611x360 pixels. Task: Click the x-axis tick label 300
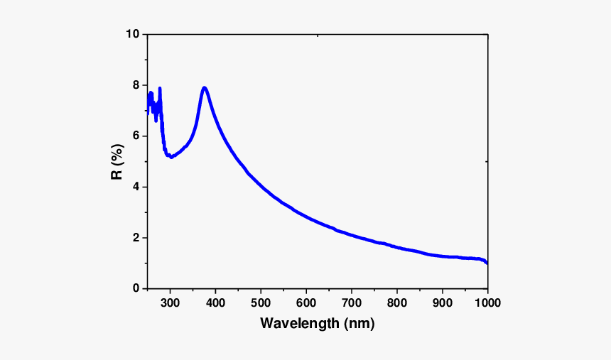pos(170,303)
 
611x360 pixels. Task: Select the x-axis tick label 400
pos(215,303)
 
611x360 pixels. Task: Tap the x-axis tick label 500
pos(261,303)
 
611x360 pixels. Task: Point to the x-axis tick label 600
pos(306,303)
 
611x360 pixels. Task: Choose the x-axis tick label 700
pos(352,303)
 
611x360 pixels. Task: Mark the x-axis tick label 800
pos(397,303)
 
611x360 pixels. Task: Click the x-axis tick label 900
pos(443,303)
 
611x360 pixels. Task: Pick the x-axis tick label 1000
pos(487,303)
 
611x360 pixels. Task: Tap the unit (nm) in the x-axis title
pos(359,324)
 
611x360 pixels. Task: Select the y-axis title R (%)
pos(118,162)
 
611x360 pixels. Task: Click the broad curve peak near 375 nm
pos(205,88)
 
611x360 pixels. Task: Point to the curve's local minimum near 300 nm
pos(171,156)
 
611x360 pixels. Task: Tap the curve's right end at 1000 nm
pos(487,263)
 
